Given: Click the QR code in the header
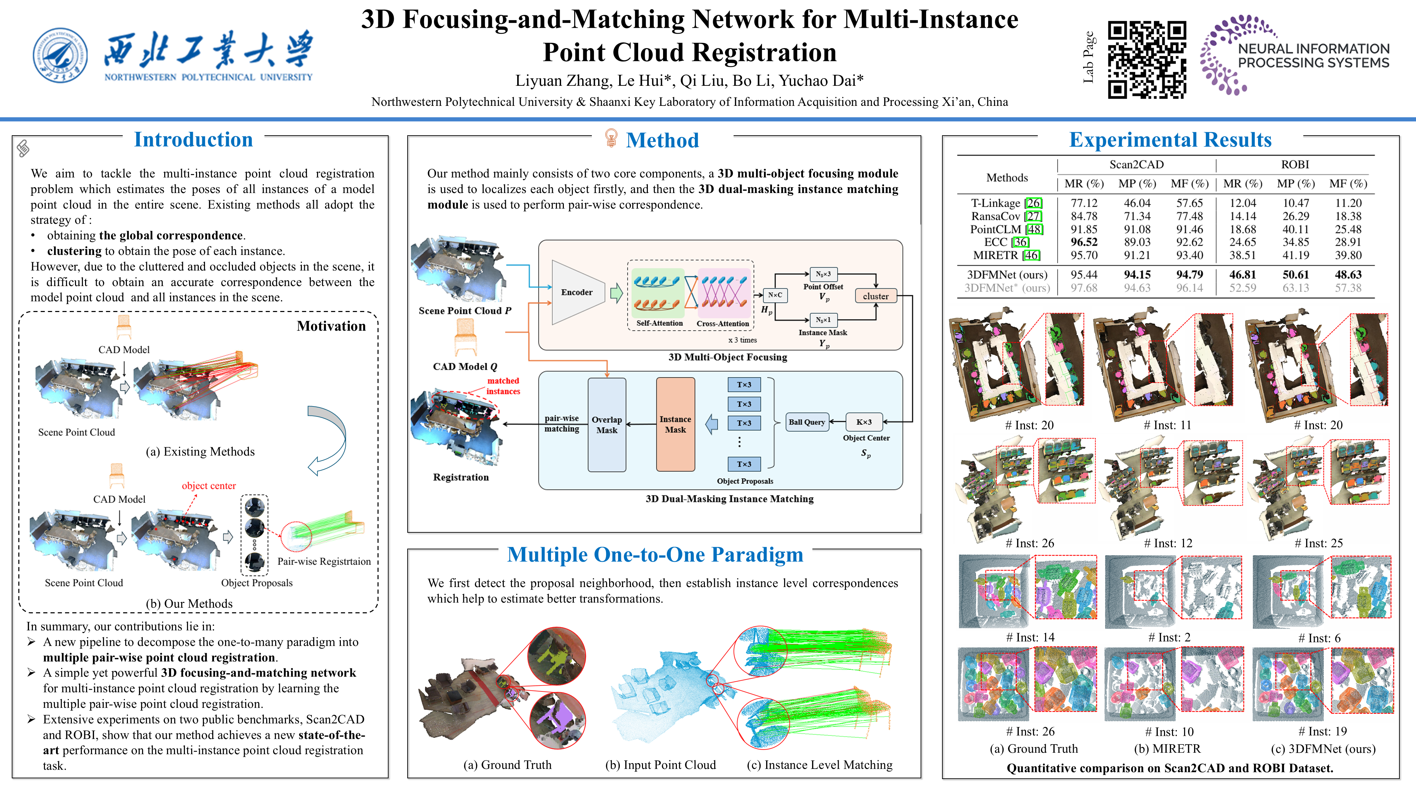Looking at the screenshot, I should [1147, 59].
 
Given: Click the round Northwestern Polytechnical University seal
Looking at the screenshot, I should [60, 56].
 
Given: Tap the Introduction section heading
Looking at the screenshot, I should [194, 140].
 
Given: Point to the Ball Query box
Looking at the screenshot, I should [807, 422].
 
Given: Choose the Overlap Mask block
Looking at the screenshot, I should [607, 425].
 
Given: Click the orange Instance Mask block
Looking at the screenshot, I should [676, 425].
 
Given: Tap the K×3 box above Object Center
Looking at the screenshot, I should [864, 422].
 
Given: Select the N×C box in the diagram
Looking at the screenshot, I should [775, 295].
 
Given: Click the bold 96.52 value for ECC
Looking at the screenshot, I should [1083, 242].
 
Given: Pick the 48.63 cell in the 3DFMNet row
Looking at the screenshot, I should [1348, 274].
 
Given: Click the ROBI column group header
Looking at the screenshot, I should [1295, 164].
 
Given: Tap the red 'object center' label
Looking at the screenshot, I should [209, 486].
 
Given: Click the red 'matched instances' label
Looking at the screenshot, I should [503, 386].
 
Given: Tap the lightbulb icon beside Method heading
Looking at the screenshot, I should [610, 138].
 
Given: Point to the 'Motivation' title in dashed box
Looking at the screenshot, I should [331, 326].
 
